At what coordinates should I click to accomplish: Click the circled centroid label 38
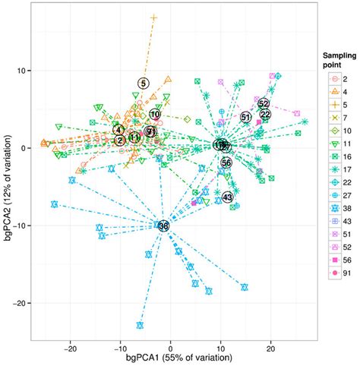pyautogui.click(x=163, y=226)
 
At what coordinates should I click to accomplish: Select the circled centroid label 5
pyautogui.click(x=144, y=83)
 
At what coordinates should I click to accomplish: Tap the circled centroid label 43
pyautogui.click(x=227, y=197)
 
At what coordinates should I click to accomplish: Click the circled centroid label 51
pyautogui.click(x=245, y=117)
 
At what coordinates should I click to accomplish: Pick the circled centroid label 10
pyautogui.click(x=155, y=115)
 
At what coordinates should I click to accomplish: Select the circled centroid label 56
pyautogui.click(x=226, y=162)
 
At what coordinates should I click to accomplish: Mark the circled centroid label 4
pyautogui.click(x=119, y=130)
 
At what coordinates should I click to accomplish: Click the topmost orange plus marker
pyautogui.click(x=154, y=17)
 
